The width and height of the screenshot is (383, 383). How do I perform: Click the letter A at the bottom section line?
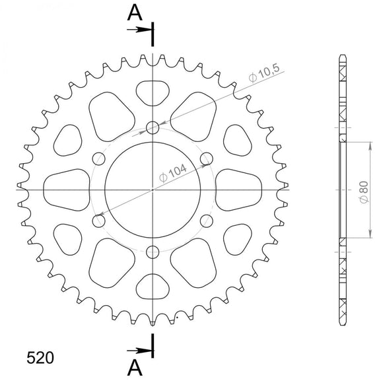click(x=135, y=367)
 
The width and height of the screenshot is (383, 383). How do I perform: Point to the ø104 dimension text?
click(x=172, y=173)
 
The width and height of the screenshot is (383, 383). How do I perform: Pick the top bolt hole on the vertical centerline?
click(x=153, y=127)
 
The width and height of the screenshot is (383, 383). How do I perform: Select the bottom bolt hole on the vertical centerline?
click(x=153, y=251)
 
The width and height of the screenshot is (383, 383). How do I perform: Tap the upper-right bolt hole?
click(x=206, y=158)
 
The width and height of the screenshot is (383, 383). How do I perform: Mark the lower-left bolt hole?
click(x=99, y=220)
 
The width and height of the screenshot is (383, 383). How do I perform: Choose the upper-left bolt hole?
click(x=99, y=158)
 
